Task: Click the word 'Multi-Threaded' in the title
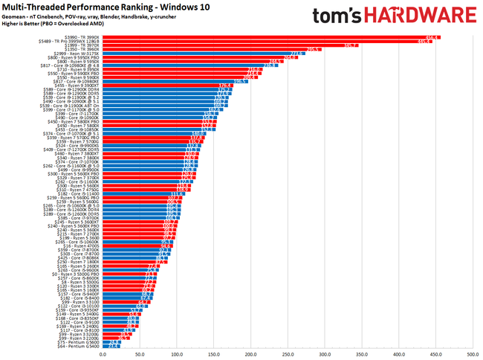37,7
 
